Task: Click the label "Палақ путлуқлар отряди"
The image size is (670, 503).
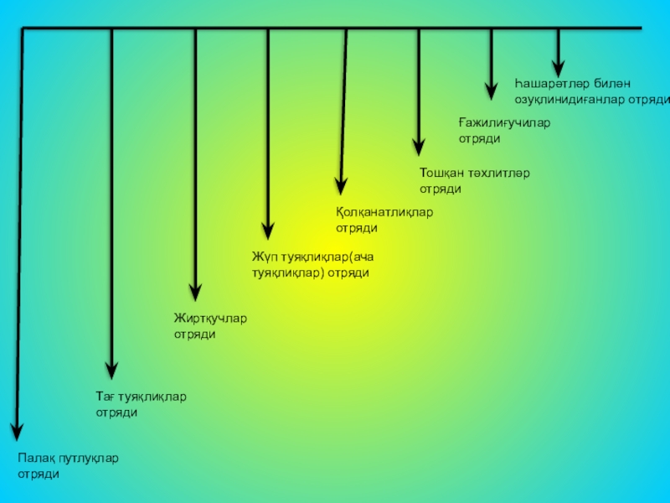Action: point(69,466)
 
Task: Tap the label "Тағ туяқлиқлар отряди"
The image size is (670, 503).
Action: point(141,404)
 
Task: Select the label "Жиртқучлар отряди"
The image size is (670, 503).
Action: point(210,326)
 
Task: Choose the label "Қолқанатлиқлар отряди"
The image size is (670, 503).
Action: point(384,220)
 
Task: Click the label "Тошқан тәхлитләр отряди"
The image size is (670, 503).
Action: point(474,181)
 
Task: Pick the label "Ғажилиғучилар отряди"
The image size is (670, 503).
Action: point(504,131)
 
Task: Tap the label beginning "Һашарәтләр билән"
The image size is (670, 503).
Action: point(590,91)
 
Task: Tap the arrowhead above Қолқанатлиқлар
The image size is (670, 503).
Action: point(340,185)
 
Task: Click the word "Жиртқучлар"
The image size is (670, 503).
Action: point(210,319)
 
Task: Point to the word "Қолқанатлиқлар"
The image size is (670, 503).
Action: point(384,212)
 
